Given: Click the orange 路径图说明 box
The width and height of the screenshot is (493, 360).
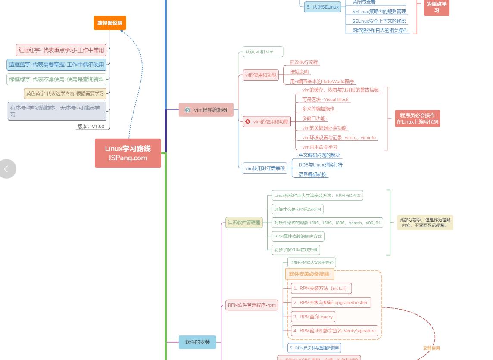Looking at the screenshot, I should click(110, 23).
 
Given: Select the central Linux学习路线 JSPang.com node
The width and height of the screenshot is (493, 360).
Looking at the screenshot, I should click(128, 153).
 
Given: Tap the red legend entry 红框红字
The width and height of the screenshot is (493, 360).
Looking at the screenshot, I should click(61, 50).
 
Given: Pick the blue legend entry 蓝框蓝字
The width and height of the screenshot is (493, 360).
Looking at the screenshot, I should click(56, 65).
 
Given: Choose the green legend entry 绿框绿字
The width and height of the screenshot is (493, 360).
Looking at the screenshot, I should click(56, 79).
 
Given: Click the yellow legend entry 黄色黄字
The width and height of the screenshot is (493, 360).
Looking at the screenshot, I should click(65, 93).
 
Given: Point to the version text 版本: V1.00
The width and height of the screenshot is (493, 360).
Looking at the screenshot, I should click(91, 127).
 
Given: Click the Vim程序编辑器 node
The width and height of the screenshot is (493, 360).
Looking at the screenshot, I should click(206, 110).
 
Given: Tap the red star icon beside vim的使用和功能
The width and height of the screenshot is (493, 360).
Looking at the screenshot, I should click(247, 122).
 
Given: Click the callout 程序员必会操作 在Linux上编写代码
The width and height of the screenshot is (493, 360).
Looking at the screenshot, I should click(418, 118).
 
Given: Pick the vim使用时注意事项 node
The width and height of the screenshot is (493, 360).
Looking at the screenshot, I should click(265, 168).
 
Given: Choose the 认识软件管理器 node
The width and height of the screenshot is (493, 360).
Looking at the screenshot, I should click(244, 223).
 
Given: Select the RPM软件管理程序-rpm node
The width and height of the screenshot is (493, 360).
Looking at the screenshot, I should click(252, 305).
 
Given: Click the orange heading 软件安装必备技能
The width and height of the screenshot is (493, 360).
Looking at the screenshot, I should click(309, 274).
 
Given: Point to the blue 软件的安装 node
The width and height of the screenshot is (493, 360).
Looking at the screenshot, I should click(197, 342).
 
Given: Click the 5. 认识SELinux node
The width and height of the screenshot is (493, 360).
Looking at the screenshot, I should click(323, 7).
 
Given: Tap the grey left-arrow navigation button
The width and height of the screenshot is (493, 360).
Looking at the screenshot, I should click(7, 169).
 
